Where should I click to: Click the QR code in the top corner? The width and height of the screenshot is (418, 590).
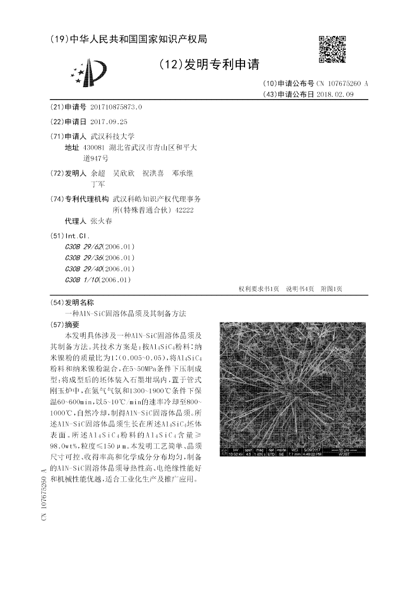coord(332,50)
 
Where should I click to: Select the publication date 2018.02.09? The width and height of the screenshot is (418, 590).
coord(335,94)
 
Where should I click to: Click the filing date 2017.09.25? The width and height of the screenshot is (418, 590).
coord(109,122)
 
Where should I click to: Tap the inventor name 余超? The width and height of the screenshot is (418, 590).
coord(98,173)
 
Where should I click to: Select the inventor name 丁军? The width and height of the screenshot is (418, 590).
coord(98,184)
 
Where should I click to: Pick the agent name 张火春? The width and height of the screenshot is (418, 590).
coord(101,221)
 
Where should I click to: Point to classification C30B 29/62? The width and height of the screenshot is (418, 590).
coord(85,246)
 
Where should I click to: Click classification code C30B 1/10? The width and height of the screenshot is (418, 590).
coord(82,280)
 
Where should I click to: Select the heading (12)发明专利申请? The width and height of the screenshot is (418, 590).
coord(209,65)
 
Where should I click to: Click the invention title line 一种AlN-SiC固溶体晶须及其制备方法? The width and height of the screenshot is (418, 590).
coord(125,314)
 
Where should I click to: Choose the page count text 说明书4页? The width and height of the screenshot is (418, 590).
coord(300,288)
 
